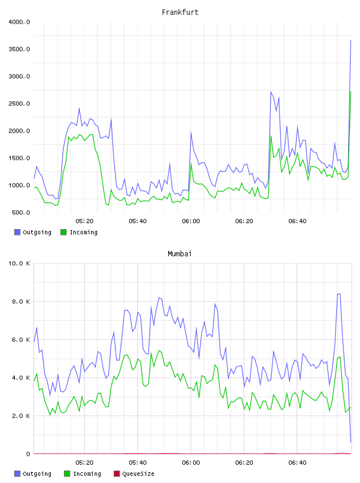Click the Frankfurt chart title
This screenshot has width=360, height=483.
click(x=180, y=12)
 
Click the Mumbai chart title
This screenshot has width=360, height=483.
click(x=179, y=254)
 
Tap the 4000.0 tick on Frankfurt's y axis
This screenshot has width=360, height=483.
click(x=19, y=22)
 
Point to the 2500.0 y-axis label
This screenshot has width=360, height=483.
click(x=19, y=104)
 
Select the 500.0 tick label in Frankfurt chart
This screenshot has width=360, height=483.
click(x=21, y=212)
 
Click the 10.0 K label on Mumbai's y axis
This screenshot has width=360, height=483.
click(x=19, y=263)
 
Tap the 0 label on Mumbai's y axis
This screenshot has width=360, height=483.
click(x=28, y=454)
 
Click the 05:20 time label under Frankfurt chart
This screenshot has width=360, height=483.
click(x=85, y=221)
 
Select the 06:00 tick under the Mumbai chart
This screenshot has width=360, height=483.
click(x=191, y=463)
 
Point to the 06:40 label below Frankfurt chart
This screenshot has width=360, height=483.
click(x=297, y=221)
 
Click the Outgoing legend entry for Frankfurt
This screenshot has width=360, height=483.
click(x=33, y=232)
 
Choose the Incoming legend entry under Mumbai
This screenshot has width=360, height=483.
click(x=83, y=474)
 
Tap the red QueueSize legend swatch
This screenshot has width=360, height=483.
click(x=117, y=474)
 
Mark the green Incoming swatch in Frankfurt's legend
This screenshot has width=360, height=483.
click(x=63, y=232)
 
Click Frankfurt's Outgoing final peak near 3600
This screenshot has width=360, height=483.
click(x=351, y=40)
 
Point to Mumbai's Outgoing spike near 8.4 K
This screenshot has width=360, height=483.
click(x=339, y=294)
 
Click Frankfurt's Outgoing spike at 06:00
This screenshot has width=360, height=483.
click(x=191, y=133)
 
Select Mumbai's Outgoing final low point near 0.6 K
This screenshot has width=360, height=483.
click(x=351, y=442)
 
